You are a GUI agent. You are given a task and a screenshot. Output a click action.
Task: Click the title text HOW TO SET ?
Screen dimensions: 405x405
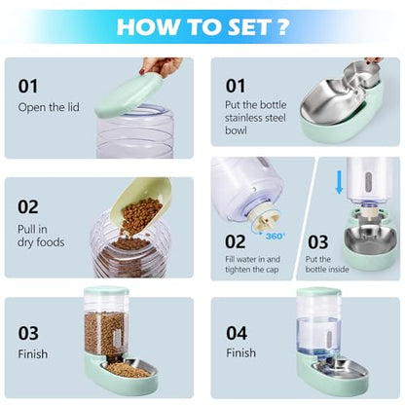[202, 26]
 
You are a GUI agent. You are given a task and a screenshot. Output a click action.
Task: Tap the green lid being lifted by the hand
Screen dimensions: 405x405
[129, 94]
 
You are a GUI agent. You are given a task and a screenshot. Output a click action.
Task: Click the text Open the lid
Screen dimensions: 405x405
[49, 107]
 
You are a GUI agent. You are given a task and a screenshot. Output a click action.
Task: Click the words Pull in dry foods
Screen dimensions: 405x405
[41, 236]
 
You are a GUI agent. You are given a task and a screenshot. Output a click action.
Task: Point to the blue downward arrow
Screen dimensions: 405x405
[339, 182]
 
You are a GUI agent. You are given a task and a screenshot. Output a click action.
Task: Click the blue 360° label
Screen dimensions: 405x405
[276, 236]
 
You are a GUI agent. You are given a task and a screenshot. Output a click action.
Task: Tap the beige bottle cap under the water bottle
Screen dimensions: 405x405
[263, 220]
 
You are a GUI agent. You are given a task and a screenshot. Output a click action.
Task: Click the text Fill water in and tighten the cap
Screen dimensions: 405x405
[252, 265]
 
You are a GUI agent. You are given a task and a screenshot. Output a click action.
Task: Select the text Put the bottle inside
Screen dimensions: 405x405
[327, 264]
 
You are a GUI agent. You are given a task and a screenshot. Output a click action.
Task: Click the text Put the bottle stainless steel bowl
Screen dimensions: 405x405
[256, 118]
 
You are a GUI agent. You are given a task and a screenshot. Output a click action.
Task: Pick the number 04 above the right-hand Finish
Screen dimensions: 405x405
[237, 333]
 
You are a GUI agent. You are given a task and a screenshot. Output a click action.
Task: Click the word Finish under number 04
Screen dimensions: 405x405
[240, 352]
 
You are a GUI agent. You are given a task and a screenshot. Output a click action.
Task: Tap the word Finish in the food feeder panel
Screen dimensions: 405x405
[33, 353]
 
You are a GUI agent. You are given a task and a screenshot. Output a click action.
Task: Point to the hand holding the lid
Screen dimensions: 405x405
[161, 65]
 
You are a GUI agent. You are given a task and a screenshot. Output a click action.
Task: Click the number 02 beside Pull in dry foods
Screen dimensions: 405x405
[28, 207]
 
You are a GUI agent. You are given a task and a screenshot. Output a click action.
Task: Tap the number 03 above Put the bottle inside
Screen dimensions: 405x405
[318, 242]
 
